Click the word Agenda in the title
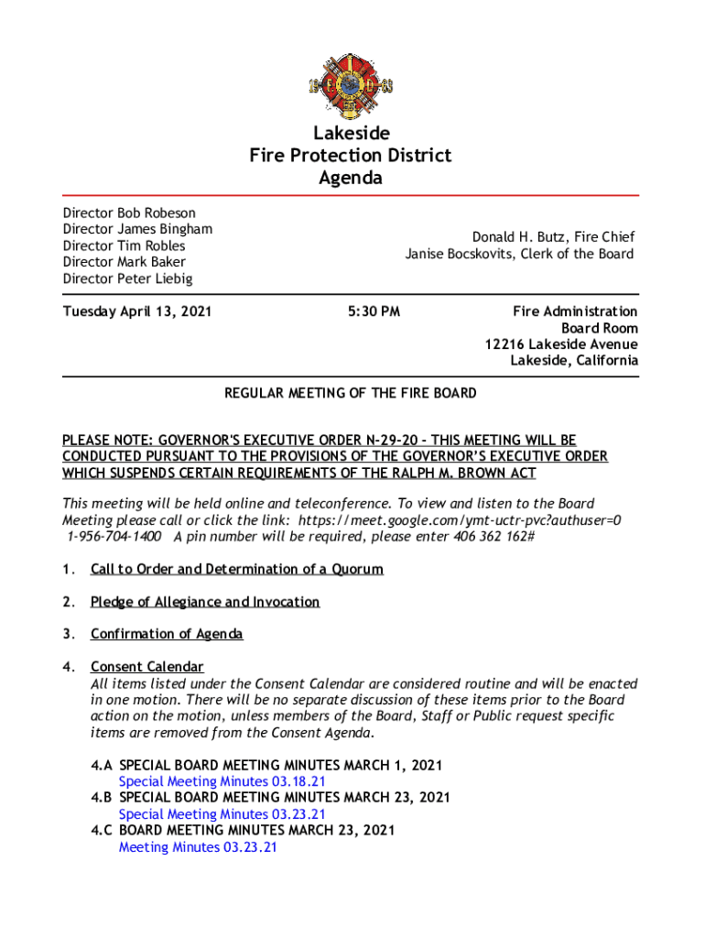[351, 178]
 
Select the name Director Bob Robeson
[129, 213]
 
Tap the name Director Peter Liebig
[127, 278]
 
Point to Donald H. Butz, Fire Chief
[553, 237]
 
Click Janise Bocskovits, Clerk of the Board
[519, 254]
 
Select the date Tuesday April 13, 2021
[137, 311]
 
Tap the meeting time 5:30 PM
[374, 311]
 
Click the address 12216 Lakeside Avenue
[561, 344]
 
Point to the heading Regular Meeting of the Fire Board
[351, 393]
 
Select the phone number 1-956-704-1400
[114, 536]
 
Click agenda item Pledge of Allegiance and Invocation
[205, 602]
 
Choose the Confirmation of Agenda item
[167, 634]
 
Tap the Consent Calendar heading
[146, 666]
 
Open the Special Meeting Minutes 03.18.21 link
[222, 781]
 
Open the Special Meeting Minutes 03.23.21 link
[222, 814]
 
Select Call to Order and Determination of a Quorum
[236, 569]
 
